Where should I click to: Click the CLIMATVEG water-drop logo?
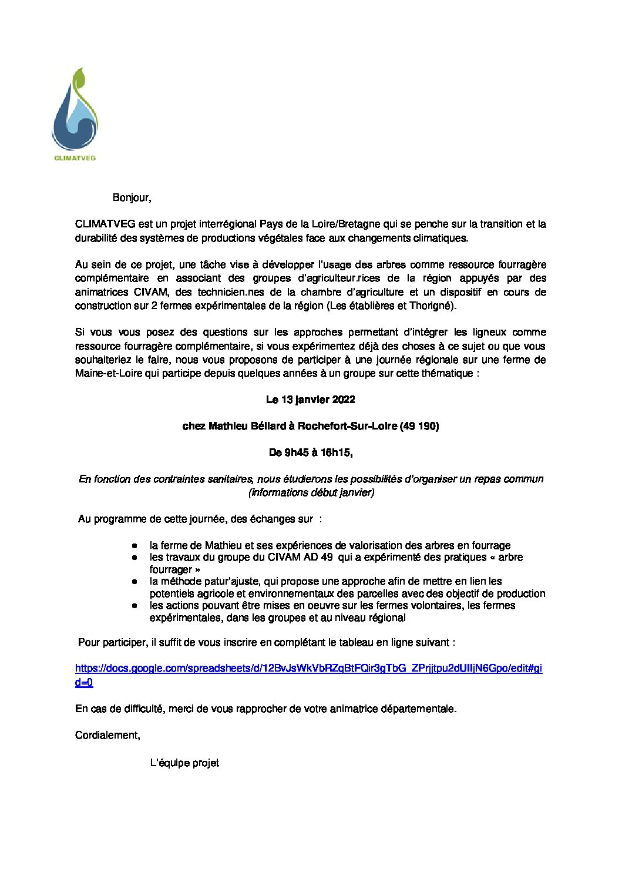[75, 112]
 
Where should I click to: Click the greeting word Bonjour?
[131, 197]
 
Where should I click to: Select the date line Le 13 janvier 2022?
[310, 400]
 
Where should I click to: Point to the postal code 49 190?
[419, 426]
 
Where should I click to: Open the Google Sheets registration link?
[308, 669]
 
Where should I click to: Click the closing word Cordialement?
[107, 735]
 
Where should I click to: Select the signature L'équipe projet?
[184, 763]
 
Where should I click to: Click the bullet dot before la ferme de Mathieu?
[135, 545]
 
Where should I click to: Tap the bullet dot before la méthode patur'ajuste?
[135, 581]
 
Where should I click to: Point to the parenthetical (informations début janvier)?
[311, 492]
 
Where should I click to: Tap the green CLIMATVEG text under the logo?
[75, 157]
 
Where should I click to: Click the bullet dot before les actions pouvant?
[135, 605]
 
